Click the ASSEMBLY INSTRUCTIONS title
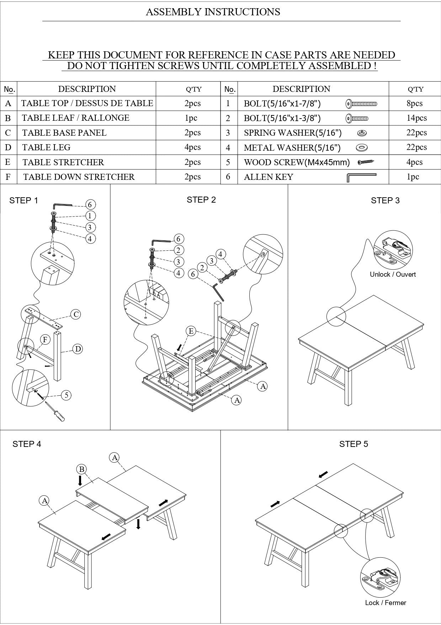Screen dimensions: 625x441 coord(213,12)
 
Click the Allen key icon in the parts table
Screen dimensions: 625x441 coord(361,177)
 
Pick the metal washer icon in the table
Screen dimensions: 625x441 coord(362,147)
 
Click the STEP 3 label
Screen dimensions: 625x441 coord(385,200)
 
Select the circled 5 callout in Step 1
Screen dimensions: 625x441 coord(67,395)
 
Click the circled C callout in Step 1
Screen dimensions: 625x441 coord(75,314)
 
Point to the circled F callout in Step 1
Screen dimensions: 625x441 coord(45,339)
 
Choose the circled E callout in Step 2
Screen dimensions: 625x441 coord(191,331)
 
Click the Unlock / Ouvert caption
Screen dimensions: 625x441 coord(392,274)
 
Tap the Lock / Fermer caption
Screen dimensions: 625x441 coord(385,603)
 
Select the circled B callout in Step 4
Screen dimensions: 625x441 coord(81,469)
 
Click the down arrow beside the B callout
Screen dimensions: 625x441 coord(80,481)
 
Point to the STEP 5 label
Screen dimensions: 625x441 coord(353,444)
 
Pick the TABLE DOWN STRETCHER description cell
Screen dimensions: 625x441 coord(79,177)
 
